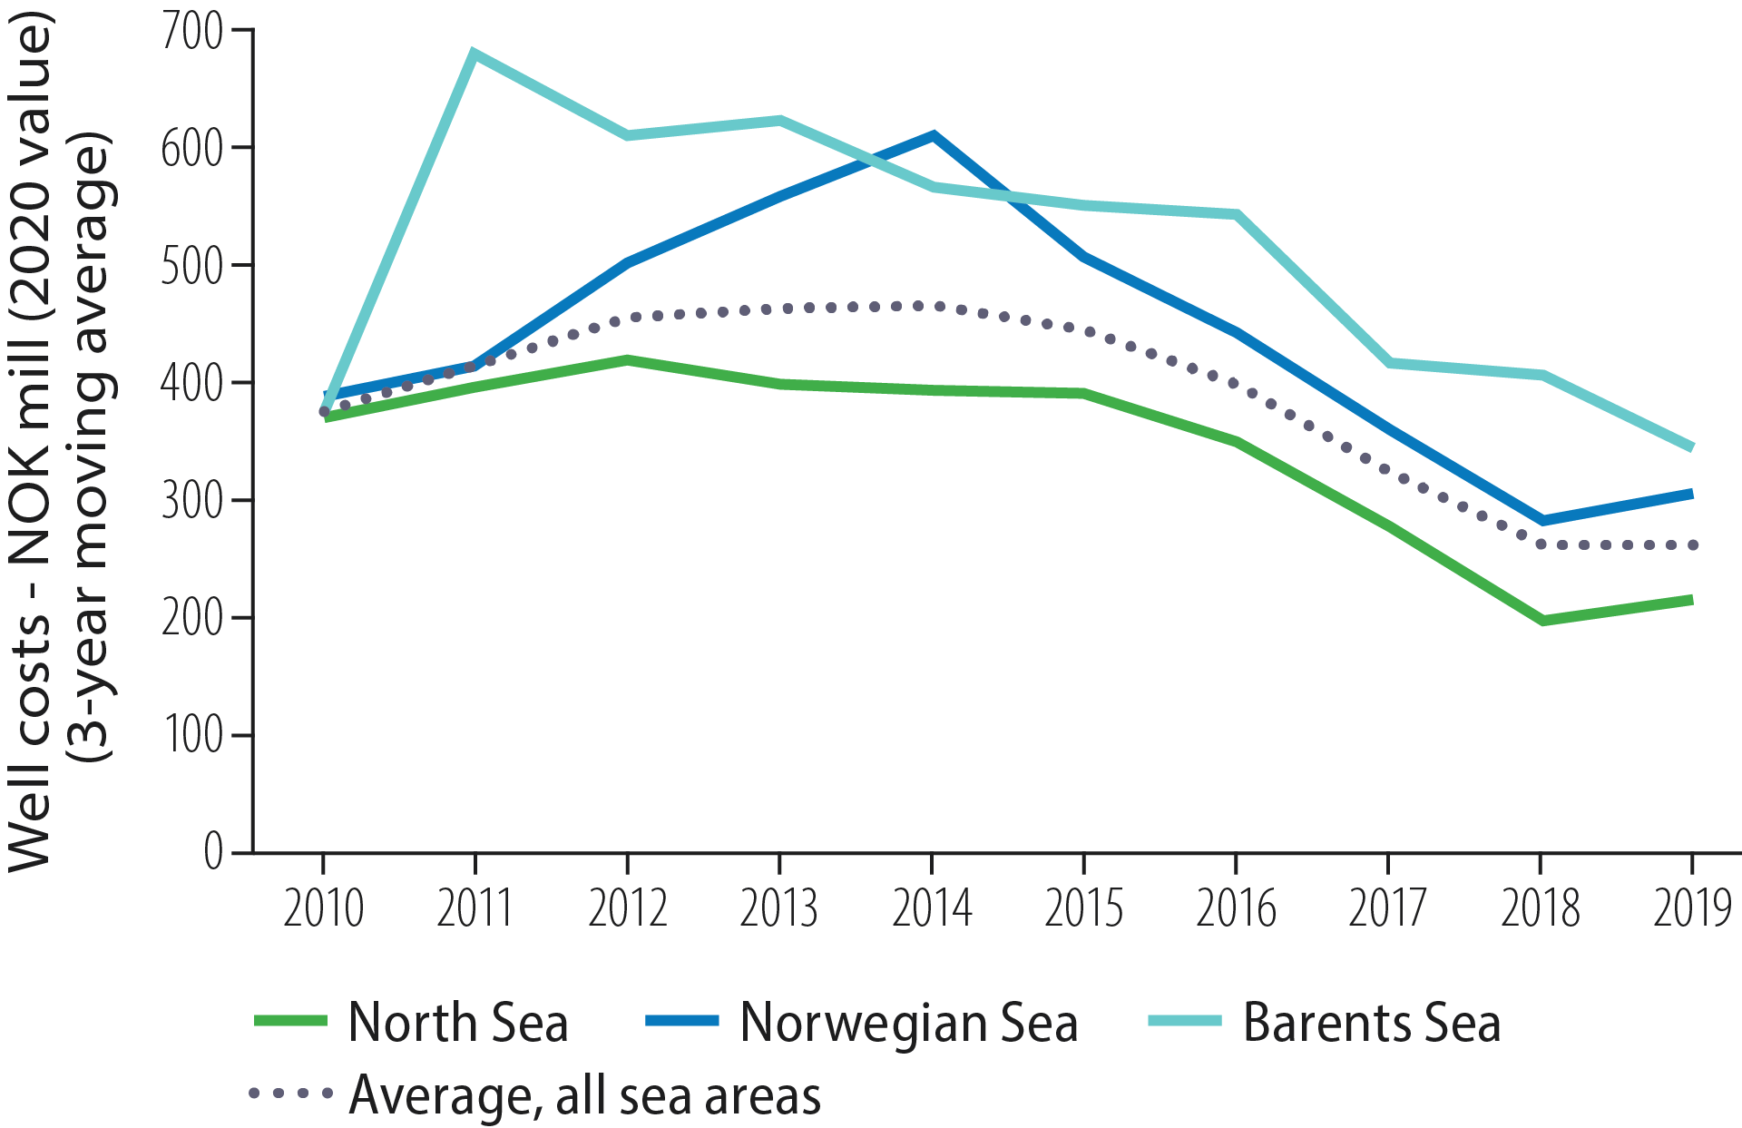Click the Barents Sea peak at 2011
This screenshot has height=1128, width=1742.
pos(475,52)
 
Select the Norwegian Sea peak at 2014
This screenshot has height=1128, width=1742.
pos(933,136)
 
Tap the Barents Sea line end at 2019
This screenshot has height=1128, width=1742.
pos(1691,447)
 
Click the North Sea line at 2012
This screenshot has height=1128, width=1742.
pos(627,360)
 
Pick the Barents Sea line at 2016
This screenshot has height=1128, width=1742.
pos(1237,214)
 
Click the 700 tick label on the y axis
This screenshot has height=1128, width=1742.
pos(191,32)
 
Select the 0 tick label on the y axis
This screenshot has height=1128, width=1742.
pos(213,852)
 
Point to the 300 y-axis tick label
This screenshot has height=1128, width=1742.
pos(191,500)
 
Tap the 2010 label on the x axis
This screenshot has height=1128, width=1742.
pos(323,908)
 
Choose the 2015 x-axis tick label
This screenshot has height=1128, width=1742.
pos(1083,908)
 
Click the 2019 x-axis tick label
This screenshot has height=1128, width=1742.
pos(1692,908)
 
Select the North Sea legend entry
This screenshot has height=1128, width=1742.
pos(458,1023)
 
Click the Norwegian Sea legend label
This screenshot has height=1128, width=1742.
pos(909,1023)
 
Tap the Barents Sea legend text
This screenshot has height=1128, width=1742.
pos(1371,1023)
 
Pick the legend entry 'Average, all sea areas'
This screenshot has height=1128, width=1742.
pos(584,1095)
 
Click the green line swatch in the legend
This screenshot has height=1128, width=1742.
pos(290,1021)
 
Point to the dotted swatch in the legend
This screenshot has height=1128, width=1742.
pos(290,1094)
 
